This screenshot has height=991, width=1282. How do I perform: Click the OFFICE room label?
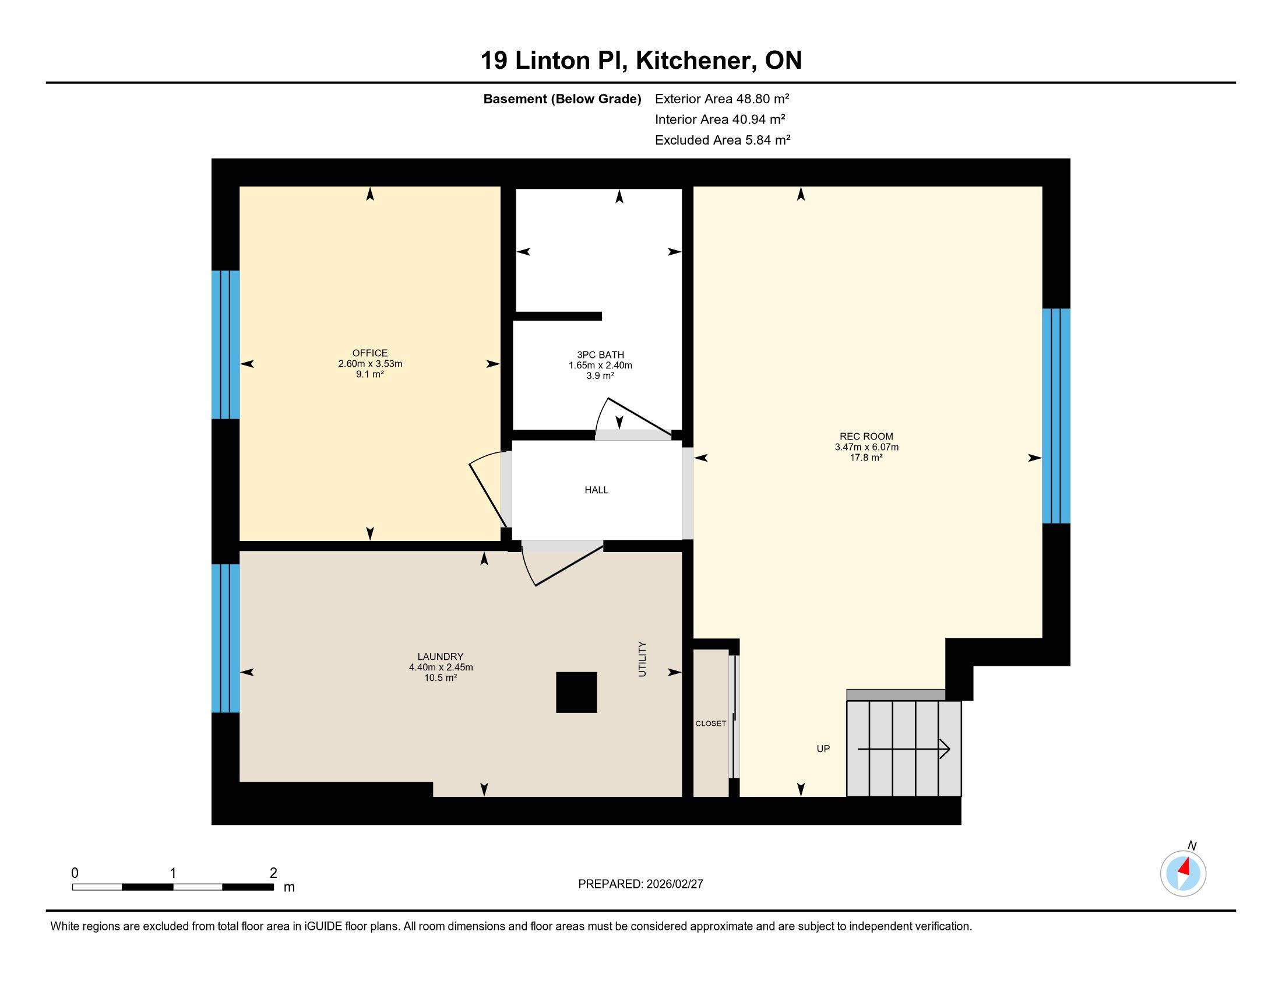[370, 353]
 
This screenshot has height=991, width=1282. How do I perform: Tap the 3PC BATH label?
[600, 354]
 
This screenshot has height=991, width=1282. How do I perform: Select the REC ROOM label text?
[867, 436]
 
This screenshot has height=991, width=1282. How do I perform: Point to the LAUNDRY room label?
[440, 656]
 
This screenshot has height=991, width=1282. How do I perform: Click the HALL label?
[596, 490]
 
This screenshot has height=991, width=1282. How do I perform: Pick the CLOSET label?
[711, 723]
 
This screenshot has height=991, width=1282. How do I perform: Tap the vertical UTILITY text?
[642, 659]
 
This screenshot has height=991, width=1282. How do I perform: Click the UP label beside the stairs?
[823, 748]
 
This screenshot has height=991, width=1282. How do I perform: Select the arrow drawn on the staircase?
[904, 749]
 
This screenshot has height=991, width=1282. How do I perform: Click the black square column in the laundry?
[576, 692]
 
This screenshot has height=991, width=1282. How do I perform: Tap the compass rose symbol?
[1183, 873]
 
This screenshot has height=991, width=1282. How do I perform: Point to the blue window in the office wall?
[226, 345]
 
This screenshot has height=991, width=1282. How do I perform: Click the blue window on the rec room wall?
[1056, 416]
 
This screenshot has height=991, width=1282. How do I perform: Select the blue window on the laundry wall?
[226, 638]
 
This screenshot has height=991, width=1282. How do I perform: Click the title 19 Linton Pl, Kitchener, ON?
[641, 61]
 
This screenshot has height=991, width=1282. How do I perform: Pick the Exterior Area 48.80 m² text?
[722, 99]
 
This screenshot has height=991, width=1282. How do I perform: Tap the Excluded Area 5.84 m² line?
[723, 140]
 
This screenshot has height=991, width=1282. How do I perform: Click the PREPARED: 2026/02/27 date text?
[640, 884]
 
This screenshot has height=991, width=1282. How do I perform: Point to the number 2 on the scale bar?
[273, 873]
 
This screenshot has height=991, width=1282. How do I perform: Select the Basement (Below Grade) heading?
[562, 99]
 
